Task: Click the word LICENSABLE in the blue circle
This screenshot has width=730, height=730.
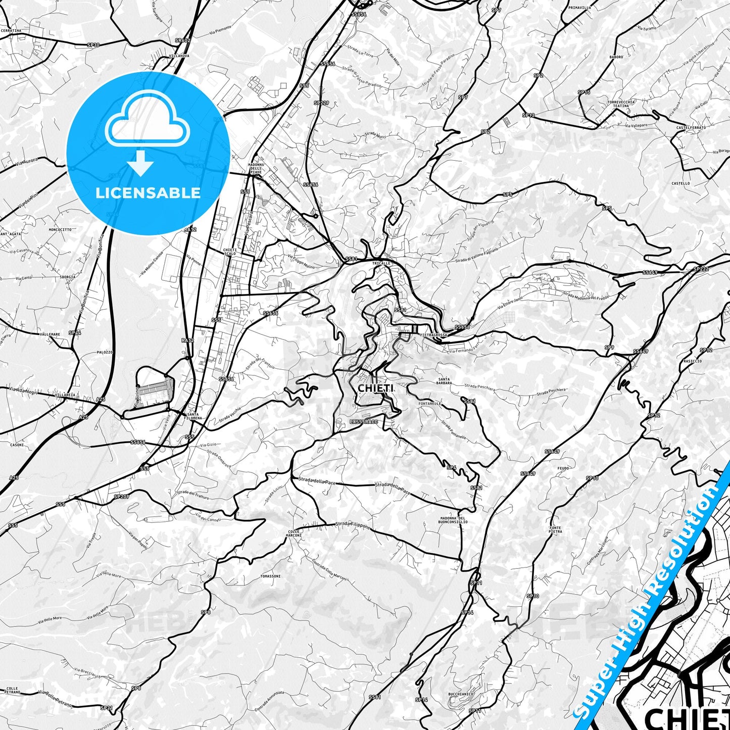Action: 148,192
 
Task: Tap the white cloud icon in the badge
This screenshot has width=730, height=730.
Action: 147,124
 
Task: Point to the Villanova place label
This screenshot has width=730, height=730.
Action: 179,56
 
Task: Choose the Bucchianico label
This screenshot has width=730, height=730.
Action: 460,695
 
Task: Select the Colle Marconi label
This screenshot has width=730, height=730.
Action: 295,533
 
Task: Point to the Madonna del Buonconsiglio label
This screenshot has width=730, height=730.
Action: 454,520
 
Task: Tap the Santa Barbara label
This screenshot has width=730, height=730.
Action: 445,381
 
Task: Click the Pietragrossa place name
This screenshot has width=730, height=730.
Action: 433,335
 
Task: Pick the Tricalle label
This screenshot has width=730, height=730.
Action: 381,264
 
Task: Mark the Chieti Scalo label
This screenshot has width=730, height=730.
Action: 230,251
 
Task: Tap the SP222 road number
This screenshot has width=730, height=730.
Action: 701,269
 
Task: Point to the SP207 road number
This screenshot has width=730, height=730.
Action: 121,497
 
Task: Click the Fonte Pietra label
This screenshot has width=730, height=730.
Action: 555,529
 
